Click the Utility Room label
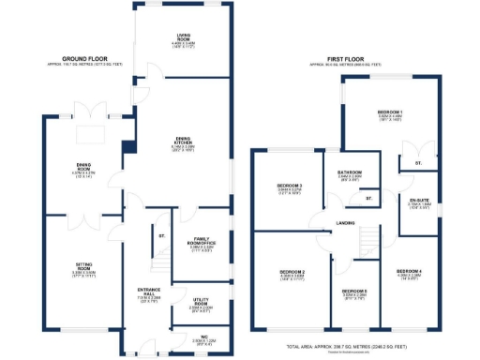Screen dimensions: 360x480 coord(200,303)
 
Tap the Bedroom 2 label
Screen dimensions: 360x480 coord(288,274)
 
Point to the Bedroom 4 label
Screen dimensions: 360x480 coord(410,274)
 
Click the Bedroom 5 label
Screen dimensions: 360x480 coord(354,293)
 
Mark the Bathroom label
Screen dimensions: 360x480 coord(350,172)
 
